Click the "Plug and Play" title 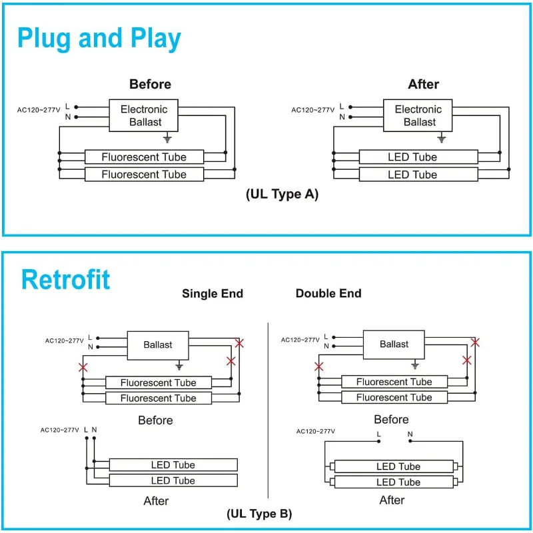coord(99,39)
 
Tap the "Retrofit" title coord(65,279)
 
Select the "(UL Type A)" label coord(282,194)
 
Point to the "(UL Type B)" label coord(259,514)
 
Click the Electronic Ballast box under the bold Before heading coord(144,115)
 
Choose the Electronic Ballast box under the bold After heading coord(418,115)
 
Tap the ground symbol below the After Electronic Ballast coord(441,139)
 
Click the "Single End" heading coord(213,294)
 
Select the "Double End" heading coord(328,294)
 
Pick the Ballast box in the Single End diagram coord(157,345)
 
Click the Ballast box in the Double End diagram coord(394,344)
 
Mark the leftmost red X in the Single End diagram coord(83,367)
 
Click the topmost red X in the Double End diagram coord(475,342)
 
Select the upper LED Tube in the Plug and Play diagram coord(418,157)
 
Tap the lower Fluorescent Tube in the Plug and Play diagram coord(144,175)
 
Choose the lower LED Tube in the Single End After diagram coord(173,480)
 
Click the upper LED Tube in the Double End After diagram coord(398,466)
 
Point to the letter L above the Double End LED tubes coord(378,434)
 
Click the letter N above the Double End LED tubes coord(410,434)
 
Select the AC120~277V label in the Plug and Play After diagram coord(312,111)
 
